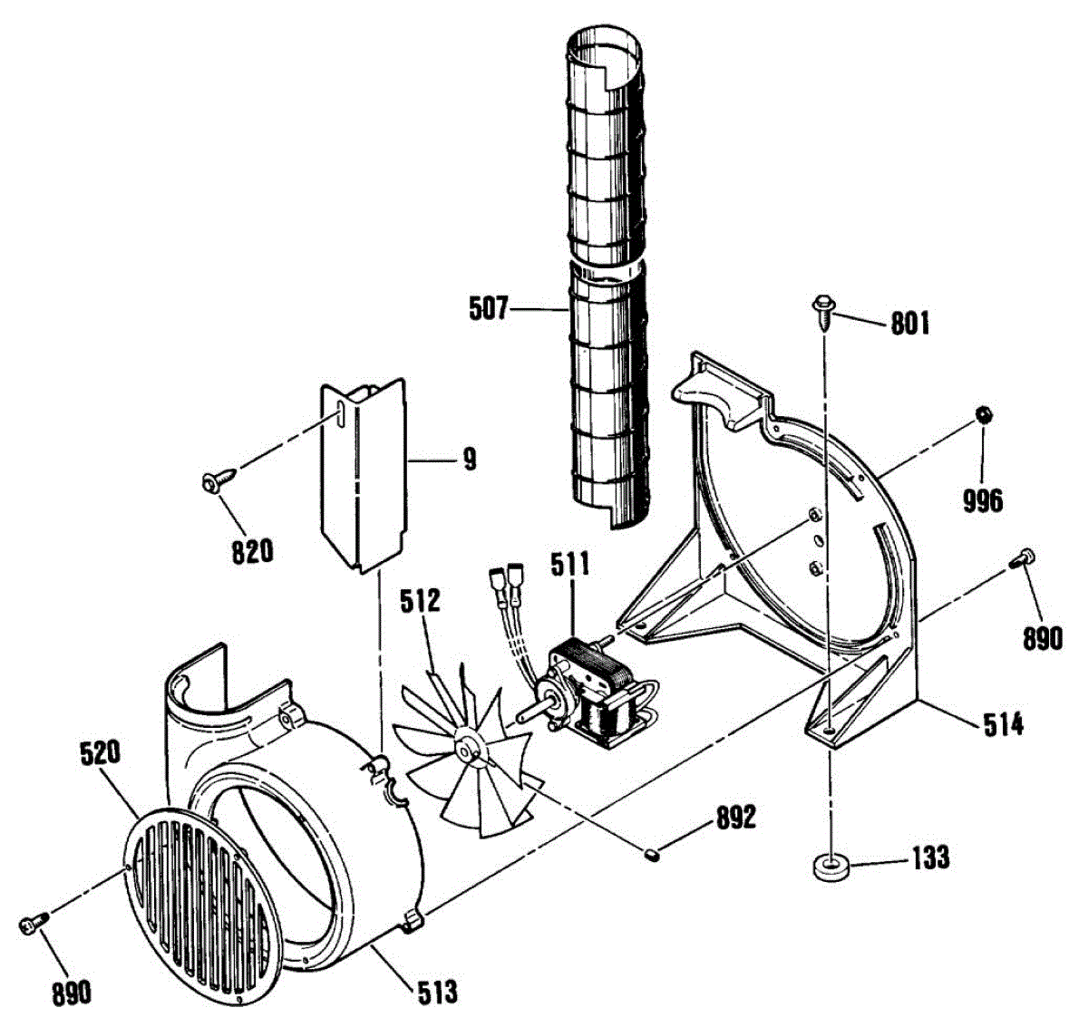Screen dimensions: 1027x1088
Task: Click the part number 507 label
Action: pos(489,309)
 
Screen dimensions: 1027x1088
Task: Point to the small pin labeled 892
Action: pos(652,852)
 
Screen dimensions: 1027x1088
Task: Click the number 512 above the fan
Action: pos(422,601)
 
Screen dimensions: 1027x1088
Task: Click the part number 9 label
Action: pos(468,460)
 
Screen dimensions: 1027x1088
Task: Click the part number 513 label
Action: pos(437,992)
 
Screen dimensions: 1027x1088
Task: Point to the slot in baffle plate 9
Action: pos(340,412)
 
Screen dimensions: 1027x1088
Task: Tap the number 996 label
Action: pos(984,499)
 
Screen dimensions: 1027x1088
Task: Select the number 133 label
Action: pos(929,857)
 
